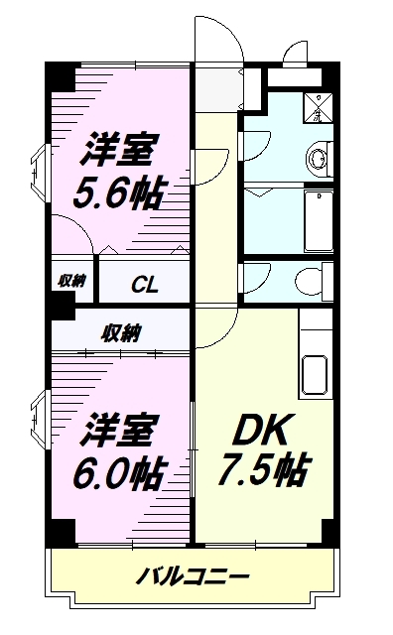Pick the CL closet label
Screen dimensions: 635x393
coord(146,283)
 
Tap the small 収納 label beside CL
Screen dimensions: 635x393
coord(69,281)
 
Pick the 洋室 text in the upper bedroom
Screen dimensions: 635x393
coord(117,151)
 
